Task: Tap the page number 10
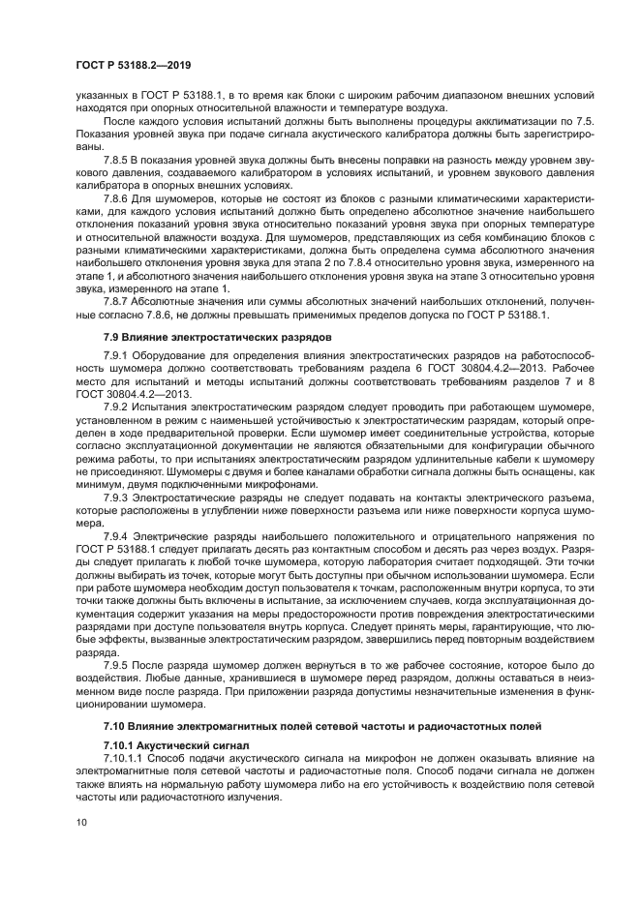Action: [81, 822]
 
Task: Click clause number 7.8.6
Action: [116, 196]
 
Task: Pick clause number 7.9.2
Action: [116, 408]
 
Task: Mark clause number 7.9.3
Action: [116, 497]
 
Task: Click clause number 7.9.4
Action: [116, 536]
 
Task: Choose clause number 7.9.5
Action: [116, 667]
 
